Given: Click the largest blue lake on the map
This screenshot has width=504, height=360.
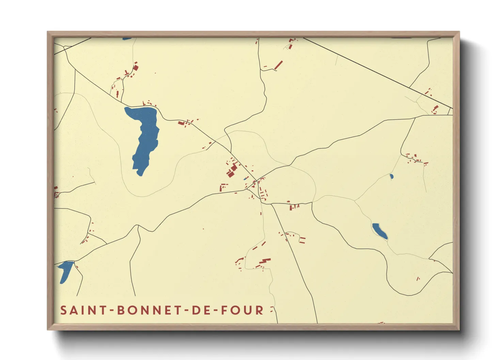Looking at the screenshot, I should (x=145, y=136).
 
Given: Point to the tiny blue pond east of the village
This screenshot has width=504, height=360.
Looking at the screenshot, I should (x=391, y=177).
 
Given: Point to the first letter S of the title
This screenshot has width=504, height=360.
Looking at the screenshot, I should (x=63, y=310).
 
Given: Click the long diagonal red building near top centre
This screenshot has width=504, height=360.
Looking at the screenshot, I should (x=279, y=65).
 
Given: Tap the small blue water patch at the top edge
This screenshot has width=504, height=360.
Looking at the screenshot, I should (x=127, y=39).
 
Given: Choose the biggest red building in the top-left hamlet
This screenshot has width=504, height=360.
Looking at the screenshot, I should (x=136, y=68).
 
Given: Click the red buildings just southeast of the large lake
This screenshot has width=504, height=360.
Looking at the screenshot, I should (x=182, y=123).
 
